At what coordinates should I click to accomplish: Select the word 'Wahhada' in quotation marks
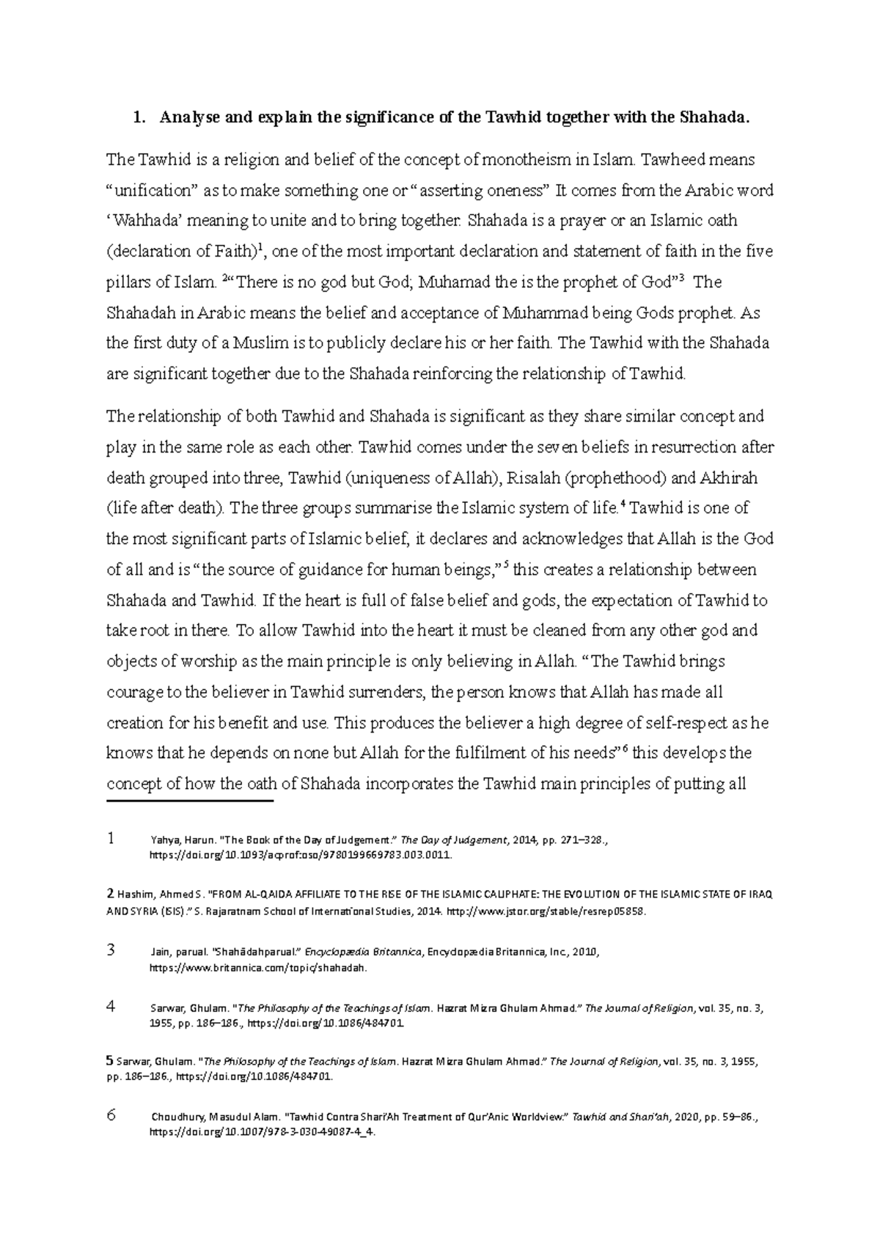point(140,221)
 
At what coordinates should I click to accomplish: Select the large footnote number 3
point(111,951)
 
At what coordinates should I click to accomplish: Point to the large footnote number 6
point(111,1116)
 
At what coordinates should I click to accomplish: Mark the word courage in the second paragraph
point(133,692)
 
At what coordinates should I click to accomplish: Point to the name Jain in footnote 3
point(158,952)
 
